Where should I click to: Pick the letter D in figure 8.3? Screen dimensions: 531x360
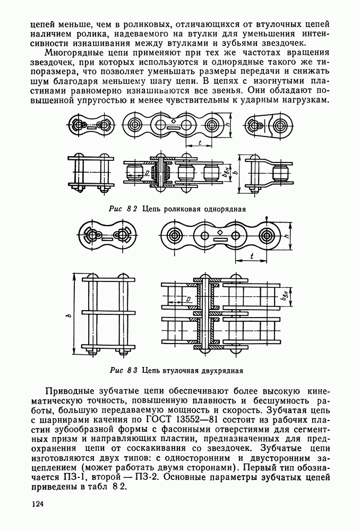(x=189, y=299)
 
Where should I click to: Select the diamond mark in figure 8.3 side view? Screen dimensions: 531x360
(x=219, y=233)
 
